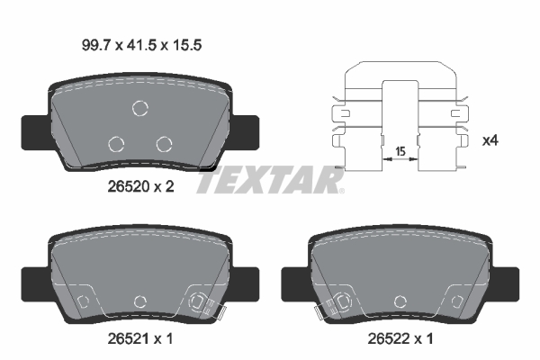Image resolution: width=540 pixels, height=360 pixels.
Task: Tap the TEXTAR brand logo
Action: coord(269,180)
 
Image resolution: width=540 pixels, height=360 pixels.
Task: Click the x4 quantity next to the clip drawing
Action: coord(491,140)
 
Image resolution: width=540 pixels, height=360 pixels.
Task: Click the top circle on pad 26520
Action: coord(139,109)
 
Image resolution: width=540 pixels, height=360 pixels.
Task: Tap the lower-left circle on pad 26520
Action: coord(116,143)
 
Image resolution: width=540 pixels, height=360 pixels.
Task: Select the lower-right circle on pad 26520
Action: coord(163,143)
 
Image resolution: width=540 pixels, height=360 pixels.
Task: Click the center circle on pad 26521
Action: coord(139,301)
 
